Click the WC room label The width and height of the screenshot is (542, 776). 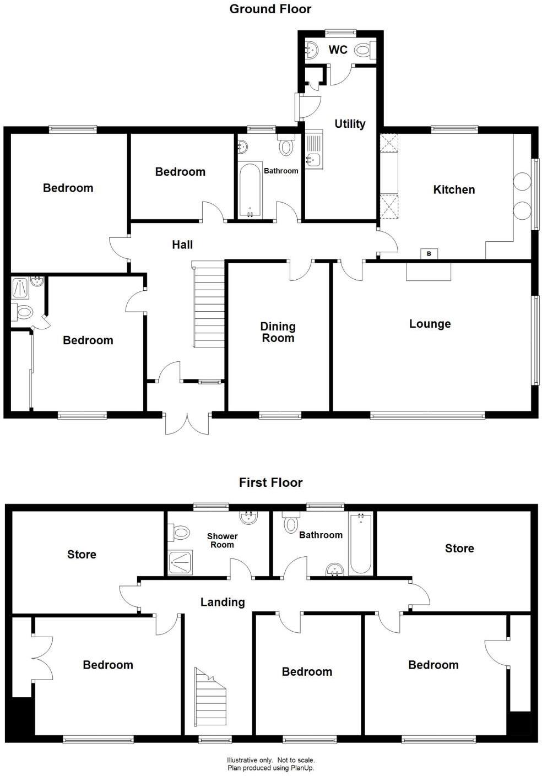click(x=338, y=50)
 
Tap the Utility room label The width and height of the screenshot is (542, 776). click(x=350, y=124)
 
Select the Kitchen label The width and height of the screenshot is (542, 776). click(x=454, y=189)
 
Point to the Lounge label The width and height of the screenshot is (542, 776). click(x=430, y=324)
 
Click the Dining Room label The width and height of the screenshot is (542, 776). click(x=278, y=332)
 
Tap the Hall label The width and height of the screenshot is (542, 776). click(x=182, y=245)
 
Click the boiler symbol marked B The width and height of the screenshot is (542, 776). click(x=429, y=253)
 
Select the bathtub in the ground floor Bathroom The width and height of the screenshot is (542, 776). click(x=251, y=190)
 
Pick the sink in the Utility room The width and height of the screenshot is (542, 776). click(x=314, y=159)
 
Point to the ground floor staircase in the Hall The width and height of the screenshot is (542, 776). click(x=209, y=305)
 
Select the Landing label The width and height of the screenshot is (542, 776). click(x=223, y=602)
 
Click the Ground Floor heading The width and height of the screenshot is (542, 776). click(x=270, y=9)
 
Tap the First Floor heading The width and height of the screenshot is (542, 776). click(x=270, y=482)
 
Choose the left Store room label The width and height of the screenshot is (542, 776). click(x=82, y=555)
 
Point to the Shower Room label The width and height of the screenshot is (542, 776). click(x=222, y=540)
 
